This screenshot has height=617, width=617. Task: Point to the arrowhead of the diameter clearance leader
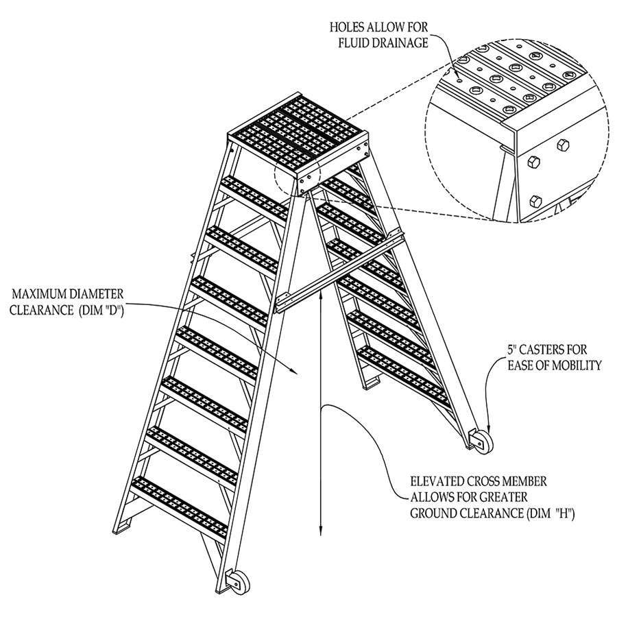coord(296,372)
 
